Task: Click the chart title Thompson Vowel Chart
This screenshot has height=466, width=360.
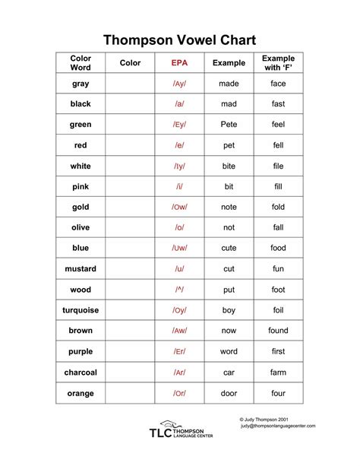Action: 180,40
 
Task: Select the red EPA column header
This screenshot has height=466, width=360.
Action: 180,63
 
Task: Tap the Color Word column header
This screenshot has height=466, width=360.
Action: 81,63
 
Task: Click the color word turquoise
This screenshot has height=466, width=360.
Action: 81,310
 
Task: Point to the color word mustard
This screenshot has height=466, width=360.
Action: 81,269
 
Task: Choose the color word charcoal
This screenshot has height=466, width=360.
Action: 81,372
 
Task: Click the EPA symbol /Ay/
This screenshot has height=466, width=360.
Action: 180,84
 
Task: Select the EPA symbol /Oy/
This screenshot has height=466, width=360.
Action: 180,310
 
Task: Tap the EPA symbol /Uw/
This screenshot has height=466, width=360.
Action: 180,249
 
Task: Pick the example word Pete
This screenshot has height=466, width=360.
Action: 229,125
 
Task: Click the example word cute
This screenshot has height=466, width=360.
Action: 229,249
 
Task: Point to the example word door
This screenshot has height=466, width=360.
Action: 229,393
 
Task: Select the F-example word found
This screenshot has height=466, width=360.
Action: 278,331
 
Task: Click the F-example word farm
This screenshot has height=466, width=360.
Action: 278,372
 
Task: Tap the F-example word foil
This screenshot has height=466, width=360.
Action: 278,310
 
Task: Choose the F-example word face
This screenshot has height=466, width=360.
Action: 278,84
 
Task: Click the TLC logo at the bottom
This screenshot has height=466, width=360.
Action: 181,432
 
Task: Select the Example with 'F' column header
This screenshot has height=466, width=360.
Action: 278,63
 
